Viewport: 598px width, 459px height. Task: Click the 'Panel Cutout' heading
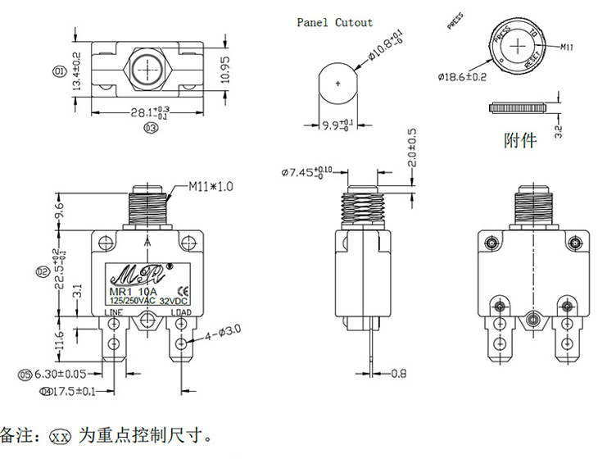pyautogui.click(x=334, y=23)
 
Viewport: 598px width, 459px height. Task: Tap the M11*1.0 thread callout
pyautogui.click(x=211, y=187)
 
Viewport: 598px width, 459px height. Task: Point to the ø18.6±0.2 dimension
pyautogui.click(x=462, y=77)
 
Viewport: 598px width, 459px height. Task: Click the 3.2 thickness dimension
pyautogui.click(x=559, y=131)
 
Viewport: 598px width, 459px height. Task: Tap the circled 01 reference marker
pyautogui.click(x=59, y=72)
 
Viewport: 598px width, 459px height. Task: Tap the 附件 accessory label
pyautogui.click(x=519, y=140)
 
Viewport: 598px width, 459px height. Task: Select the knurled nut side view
pyautogui.click(x=517, y=107)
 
